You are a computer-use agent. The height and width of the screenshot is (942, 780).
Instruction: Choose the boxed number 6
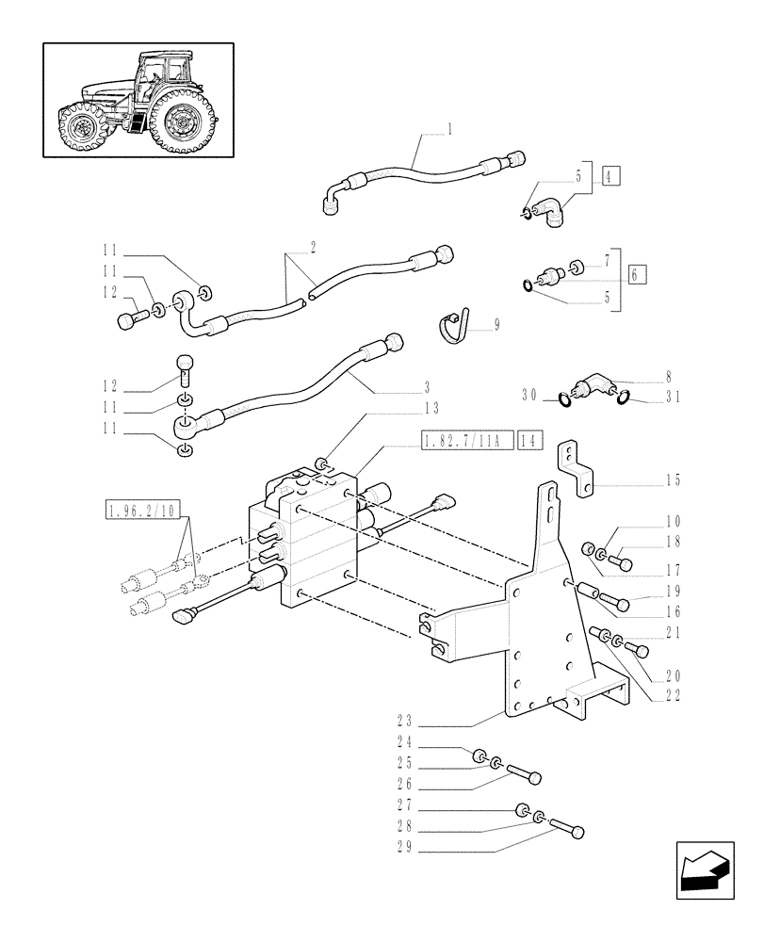coord(638,274)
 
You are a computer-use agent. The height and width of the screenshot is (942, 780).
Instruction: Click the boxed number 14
coord(531,440)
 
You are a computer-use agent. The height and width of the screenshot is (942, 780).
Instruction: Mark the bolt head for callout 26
coord(535,777)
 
